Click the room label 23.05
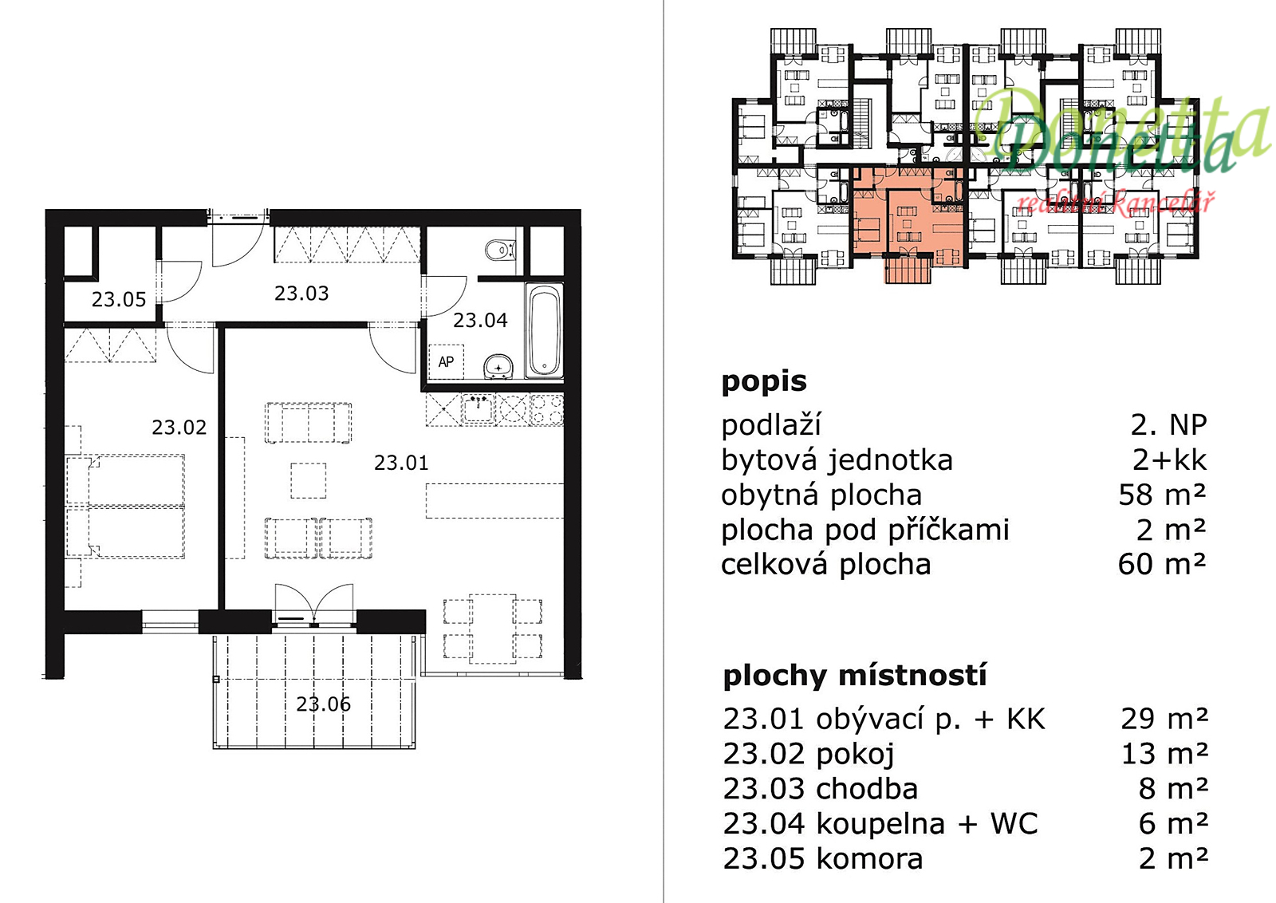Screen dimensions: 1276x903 (x=119, y=299)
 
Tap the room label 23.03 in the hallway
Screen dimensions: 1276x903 (x=301, y=294)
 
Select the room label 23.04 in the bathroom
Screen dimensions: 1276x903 (x=479, y=320)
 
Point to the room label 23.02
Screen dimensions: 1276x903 (x=179, y=428)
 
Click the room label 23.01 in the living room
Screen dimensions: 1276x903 (x=401, y=463)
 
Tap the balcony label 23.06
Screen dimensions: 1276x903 (x=323, y=704)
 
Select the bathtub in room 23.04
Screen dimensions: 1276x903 (x=544, y=330)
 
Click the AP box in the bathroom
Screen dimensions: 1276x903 (x=446, y=362)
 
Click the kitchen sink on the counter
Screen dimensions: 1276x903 (x=478, y=408)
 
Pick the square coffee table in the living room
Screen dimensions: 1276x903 (x=308, y=481)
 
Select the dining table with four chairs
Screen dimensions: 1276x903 (x=492, y=629)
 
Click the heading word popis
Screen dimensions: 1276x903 (x=764, y=382)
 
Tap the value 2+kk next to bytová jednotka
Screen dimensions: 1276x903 (x=1169, y=459)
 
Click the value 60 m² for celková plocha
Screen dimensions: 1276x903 (x=1162, y=564)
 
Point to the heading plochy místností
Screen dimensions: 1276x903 (x=854, y=676)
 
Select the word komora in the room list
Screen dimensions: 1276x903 (x=869, y=858)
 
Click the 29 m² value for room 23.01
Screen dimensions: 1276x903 (x=1164, y=719)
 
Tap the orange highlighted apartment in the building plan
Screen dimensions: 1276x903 (x=908, y=219)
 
